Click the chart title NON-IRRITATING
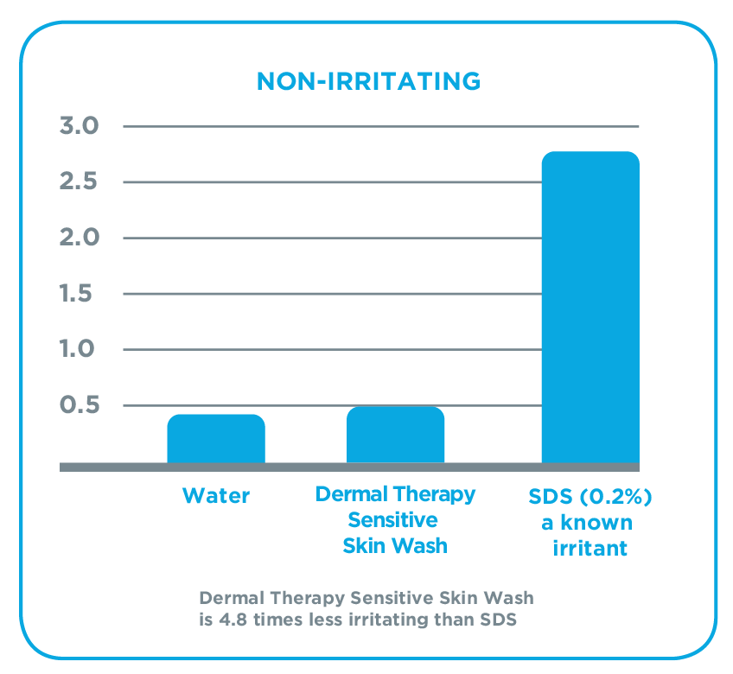368,81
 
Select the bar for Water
216,439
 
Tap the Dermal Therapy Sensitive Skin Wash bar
395,435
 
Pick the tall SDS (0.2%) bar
590,308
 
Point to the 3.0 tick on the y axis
80,126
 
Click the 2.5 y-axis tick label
80,182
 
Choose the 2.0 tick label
80,238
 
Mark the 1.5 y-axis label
80,294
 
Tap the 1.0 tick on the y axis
80,349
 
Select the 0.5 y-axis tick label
80,405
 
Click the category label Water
216,496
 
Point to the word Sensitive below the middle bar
395,520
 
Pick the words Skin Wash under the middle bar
395,545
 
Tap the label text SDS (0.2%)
590,498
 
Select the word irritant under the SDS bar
590,549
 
